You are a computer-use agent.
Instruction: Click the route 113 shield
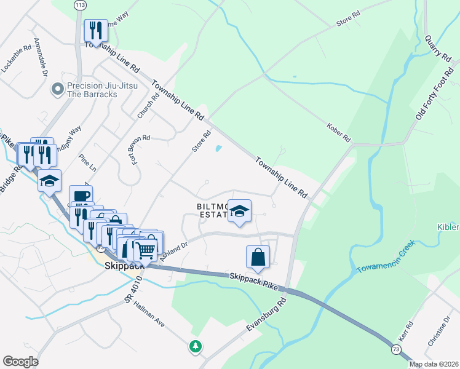(x=80, y=5)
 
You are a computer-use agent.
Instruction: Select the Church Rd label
(x=145, y=106)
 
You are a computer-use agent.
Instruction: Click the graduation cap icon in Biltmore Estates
(x=239, y=212)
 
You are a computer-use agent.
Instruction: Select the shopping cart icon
(x=146, y=250)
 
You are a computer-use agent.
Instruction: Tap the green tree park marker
(x=196, y=346)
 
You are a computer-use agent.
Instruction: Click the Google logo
(x=20, y=362)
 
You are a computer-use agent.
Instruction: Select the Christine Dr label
(x=440, y=332)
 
